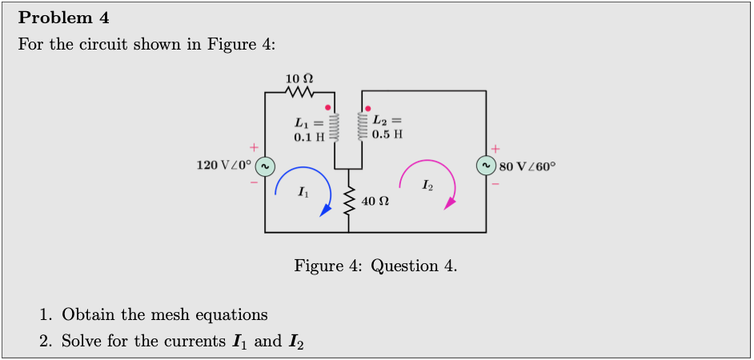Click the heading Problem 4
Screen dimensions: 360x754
pyautogui.click(x=64, y=18)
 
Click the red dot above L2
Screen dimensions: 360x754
pyautogui.click(x=367, y=106)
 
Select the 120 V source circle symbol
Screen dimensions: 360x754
pyautogui.click(x=266, y=166)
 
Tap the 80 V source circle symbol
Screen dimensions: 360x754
pyautogui.click(x=486, y=166)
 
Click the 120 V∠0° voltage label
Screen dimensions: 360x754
pyautogui.click(x=224, y=166)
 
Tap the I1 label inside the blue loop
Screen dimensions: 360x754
pyautogui.click(x=302, y=192)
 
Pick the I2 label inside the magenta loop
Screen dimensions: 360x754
pyautogui.click(x=428, y=186)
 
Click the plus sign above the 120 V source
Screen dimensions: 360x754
pyautogui.click(x=253, y=148)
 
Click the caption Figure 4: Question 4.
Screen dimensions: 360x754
pyautogui.click(x=376, y=266)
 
